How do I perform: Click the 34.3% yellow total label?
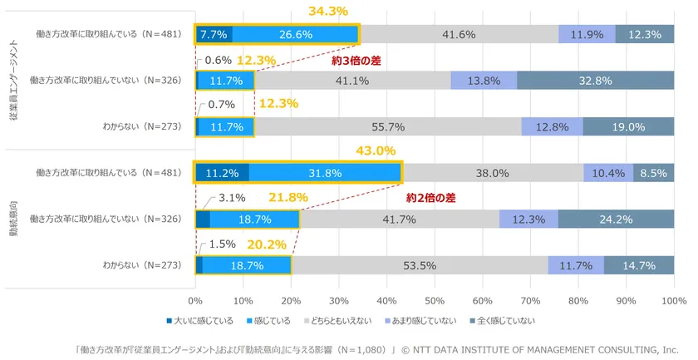[x=328, y=12]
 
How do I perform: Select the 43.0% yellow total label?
[x=376, y=152]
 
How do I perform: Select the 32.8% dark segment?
[x=595, y=81]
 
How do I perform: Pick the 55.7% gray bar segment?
[x=388, y=127]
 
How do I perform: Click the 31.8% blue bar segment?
[x=324, y=173]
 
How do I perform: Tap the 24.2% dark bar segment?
[x=616, y=219]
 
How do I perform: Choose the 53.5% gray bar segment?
[x=419, y=265]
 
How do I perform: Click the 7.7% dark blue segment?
[x=214, y=34]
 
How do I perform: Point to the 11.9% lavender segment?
[x=587, y=34]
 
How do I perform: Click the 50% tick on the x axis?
[x=435, y=300]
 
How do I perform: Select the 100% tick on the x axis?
[x=673, y=300]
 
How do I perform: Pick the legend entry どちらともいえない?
[x=341, y=321]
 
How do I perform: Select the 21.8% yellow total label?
[x=288, y=198]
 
